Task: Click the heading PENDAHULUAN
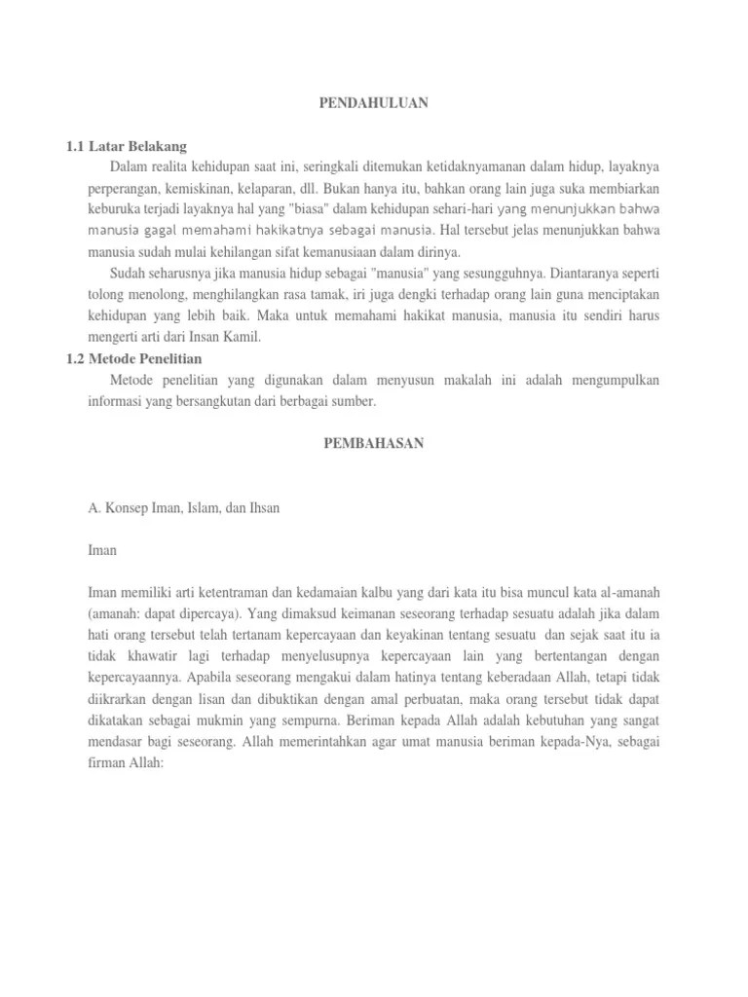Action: tap(374, 102)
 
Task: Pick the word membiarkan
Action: tap(649, 189)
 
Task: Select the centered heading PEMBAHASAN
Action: tap(374, 443)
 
